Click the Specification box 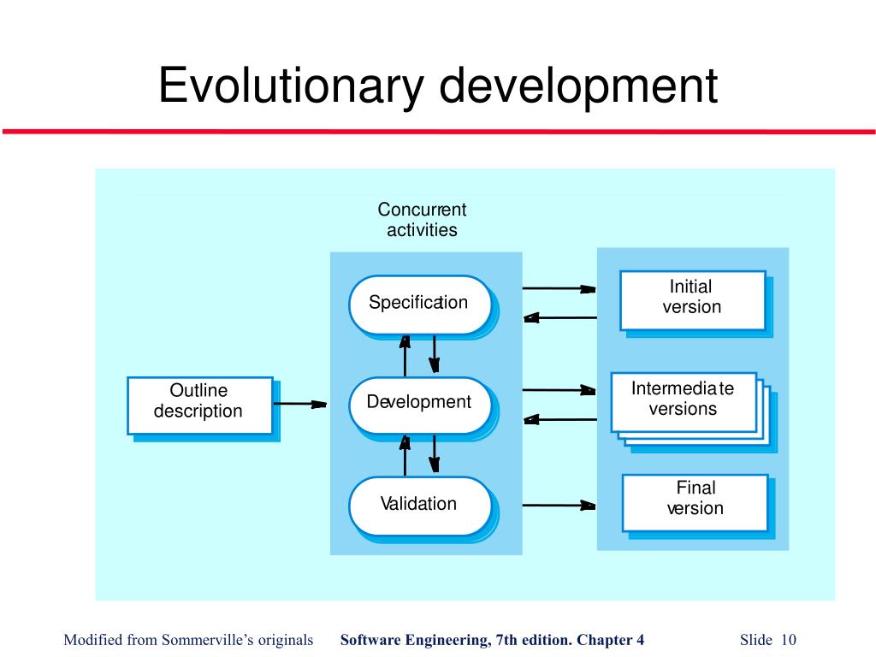(419, 304)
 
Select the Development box (419, 403)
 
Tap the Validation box (419, 504)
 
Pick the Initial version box (691, 299)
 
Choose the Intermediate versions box (683, 400)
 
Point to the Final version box (694, 500)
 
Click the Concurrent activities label (422, 220)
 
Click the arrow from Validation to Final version (558, 506)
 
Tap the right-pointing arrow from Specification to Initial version (558, 289)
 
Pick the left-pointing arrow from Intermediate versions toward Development (558, 419)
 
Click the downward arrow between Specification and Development (435, 353)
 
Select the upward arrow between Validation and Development (405, 454)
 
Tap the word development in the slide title (579, 87)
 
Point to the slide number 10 (788, 640)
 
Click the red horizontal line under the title (438, 132)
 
